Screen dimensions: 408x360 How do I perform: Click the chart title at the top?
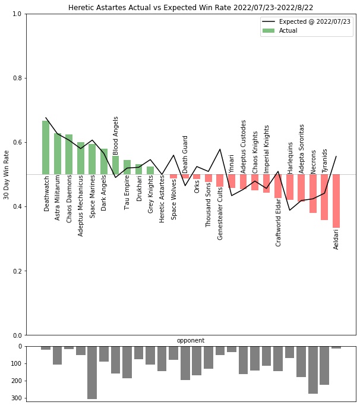coord(190,8)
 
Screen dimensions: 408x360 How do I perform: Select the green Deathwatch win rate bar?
coord(46,147)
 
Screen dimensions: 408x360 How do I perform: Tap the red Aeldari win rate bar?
coord(336,201)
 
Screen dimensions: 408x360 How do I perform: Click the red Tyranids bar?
coord(324,197)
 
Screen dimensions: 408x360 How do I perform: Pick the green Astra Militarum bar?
coord(58,153)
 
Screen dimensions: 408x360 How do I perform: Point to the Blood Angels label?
coord(116,136)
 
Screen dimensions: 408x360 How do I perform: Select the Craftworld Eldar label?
coord(279,222)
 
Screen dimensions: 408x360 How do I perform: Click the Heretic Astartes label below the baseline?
coord(162,199)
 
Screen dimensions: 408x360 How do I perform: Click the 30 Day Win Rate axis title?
coord(7,174)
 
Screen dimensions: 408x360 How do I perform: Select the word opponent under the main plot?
coord(191,341)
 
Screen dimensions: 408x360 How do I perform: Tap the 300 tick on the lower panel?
coord(17,398)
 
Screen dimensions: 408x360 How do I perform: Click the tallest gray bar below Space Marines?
coord(92,372)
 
